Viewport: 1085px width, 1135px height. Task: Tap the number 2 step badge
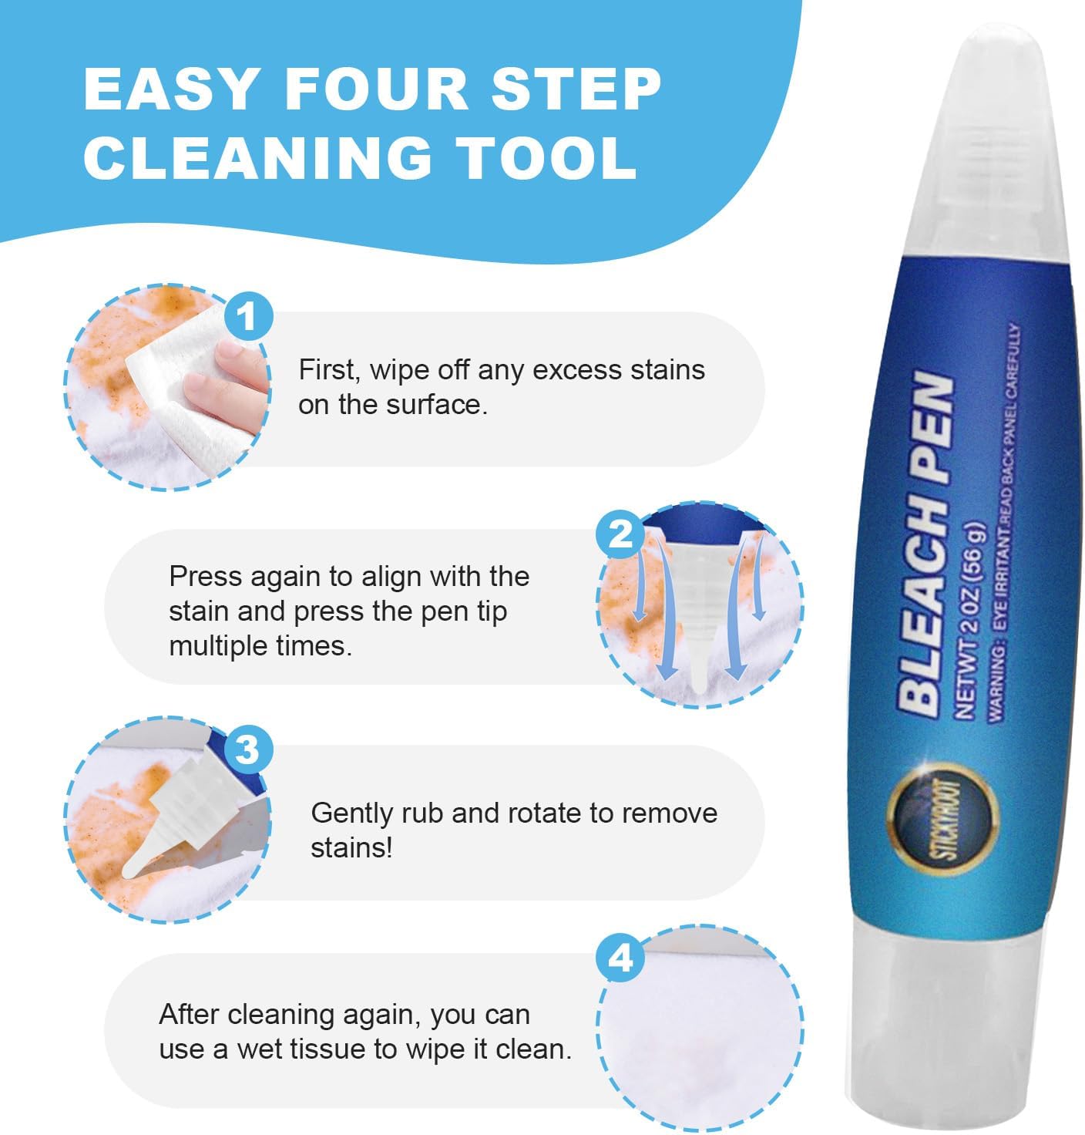(621, 534)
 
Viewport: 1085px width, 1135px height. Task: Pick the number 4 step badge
(621, 958)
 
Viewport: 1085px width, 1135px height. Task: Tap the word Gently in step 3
(351, 813)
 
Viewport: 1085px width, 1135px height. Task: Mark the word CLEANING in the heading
(258, 157)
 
